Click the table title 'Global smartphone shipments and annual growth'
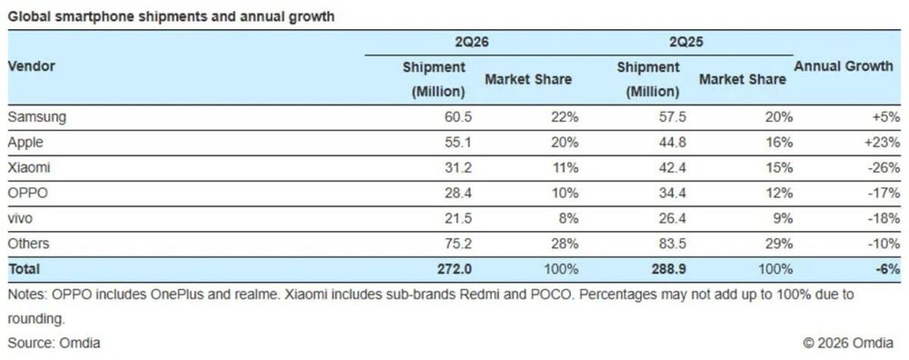171,16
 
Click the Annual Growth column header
844,66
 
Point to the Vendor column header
31,66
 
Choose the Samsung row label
37,117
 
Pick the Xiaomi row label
29,167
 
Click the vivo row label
20,218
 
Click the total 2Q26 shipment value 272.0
455,269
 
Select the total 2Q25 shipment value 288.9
670,269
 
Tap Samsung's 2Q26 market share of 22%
564,117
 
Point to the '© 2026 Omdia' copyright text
848,344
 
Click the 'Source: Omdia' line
54,344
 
